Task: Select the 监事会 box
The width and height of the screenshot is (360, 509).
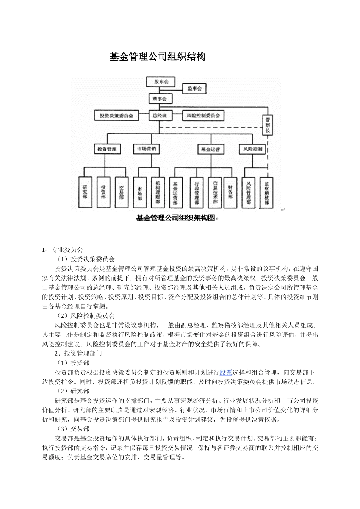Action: [x=194, y=89]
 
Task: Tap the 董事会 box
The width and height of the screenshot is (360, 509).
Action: [x=159, y=99]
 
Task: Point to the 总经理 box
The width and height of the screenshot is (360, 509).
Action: [x=159, y=116]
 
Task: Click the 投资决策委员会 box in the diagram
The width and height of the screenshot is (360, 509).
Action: [x=116, y=116]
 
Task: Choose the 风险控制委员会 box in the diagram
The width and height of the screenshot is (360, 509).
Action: [x=203, y=116]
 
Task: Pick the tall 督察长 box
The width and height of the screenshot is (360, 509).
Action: [x=268, y=125]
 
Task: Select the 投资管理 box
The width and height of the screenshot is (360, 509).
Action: [x=107, y=149]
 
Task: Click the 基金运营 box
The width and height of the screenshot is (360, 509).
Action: [x=211, y=149]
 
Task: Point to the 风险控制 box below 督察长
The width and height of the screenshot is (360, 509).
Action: [x=252, y=149]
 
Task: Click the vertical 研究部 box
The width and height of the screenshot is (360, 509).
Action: [x=85, y=192]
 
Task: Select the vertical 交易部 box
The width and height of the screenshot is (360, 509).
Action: [x=121, y=192]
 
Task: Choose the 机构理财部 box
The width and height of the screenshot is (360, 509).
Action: [x=158, y=192]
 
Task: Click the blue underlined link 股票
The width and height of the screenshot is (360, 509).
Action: [x=226, y=372]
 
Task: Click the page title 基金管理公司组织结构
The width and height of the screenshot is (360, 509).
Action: [x=157, y=57]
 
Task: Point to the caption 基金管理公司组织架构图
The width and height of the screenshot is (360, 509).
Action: [x=175, y=218]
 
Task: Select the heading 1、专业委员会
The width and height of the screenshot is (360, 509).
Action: [x=63, y=250]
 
